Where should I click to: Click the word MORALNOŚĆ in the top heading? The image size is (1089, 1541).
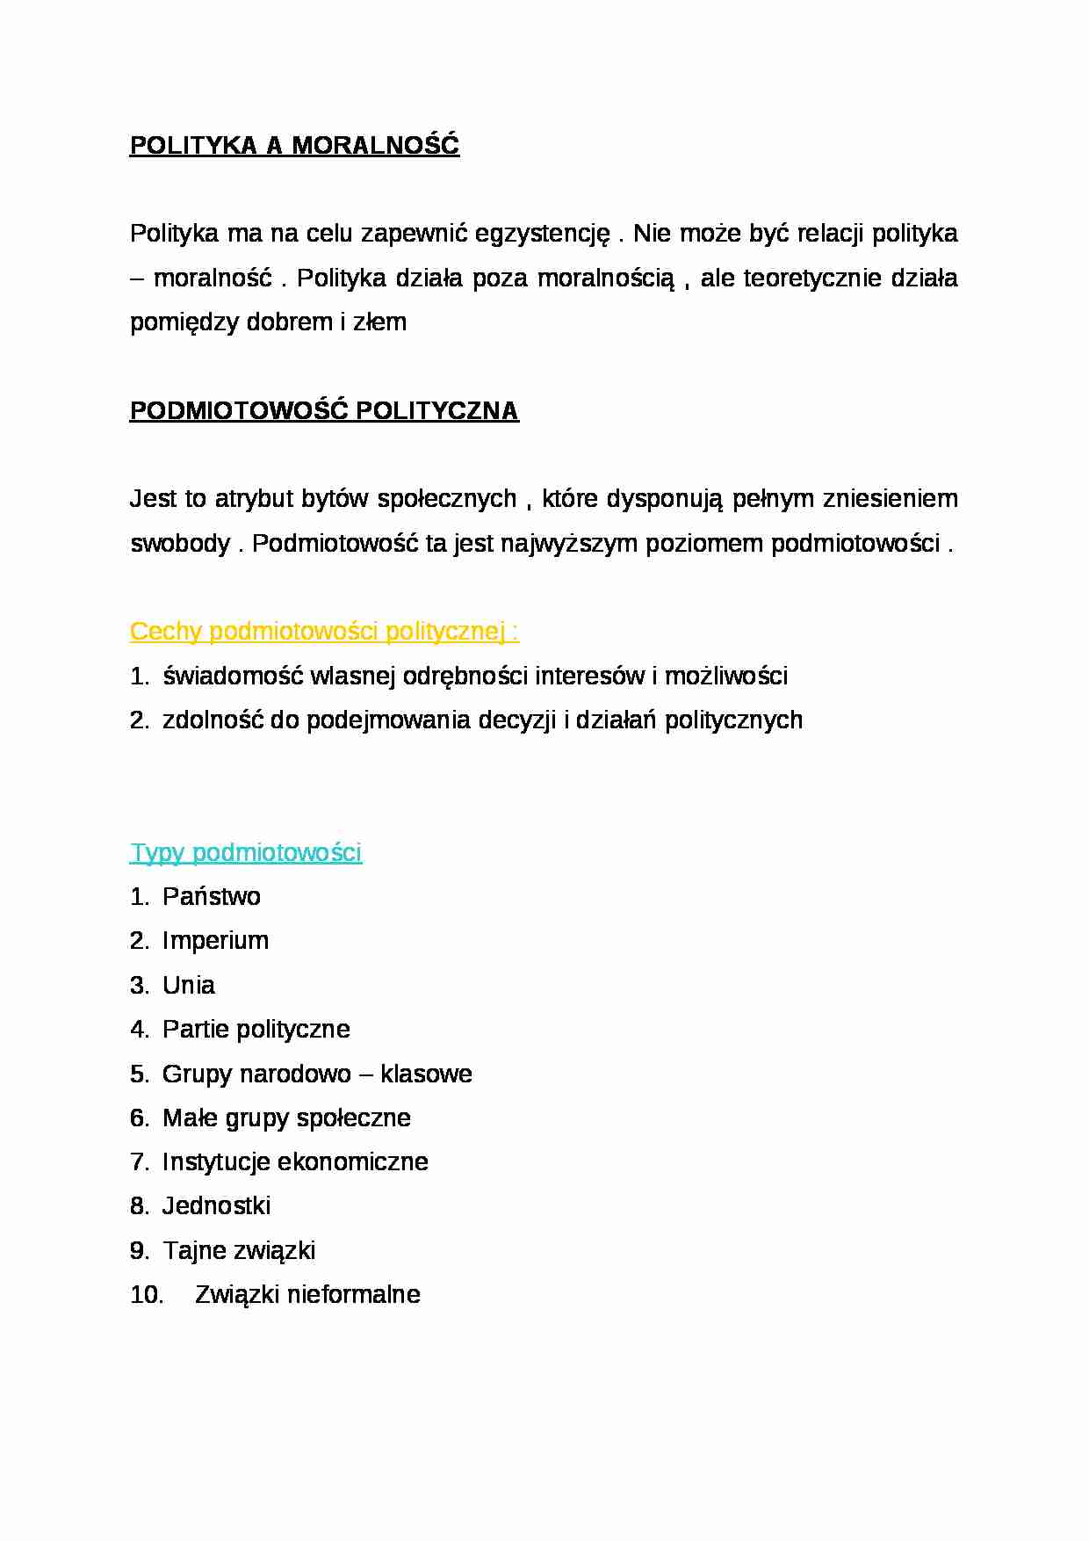pyautogui.click(x=375, y=146)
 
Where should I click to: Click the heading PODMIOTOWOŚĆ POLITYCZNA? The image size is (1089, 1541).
pyautogui.click(x=324, y=411)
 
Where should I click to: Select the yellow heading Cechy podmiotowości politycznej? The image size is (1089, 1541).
pyautogui.click(x=324, y=632)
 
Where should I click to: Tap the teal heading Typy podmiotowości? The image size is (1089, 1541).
pyautogui.click(x=246, y=853)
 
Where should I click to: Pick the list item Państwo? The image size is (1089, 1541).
pyautogui.click(x=212, y=897)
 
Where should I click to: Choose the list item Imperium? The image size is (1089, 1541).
pyautogui.click(x=216, y=941)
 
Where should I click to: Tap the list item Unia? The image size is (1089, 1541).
pyautogui.click(x=189, y=986)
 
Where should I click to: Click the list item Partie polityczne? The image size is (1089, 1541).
pyautogui.click(x=256, y=1030)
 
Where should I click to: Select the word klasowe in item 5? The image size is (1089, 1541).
pyautogui.click(x=426, y=1074)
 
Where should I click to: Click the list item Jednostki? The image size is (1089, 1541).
pyautogui.click(x=217, y=1206)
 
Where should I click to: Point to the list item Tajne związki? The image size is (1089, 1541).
pyautogui.click(x=239, y=1251)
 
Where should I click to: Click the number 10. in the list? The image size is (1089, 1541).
pyautogui.click(x=147, y=1295)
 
